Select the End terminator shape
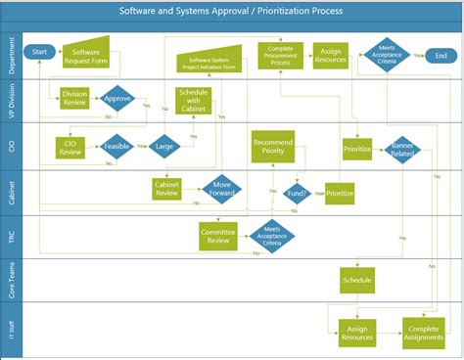point(441,56)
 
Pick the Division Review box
point(73,98)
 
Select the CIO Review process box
point(70,147)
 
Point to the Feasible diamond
point(118,147)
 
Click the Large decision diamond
point(164,147)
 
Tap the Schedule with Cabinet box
point(192,100)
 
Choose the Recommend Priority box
point(273,148)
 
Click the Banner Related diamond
point(403,149)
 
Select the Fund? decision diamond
point(298,194)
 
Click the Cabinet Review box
point(168,189)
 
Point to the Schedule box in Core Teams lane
point(356,282)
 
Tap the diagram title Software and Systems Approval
point(232,12)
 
